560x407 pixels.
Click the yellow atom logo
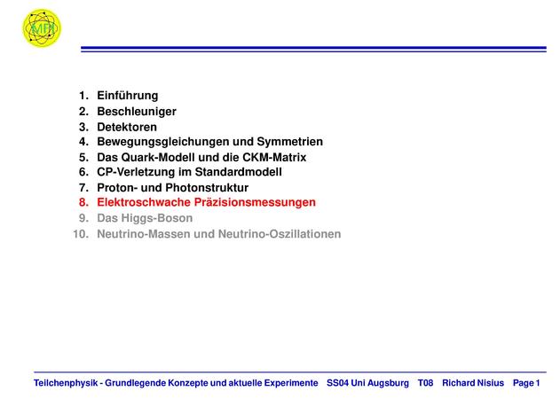(42, 27)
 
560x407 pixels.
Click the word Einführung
(128, 96)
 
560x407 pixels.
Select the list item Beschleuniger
(137, 112)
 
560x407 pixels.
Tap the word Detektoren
(127, 127)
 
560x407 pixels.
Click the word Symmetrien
(289, 142)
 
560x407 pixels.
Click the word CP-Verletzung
(136, 172)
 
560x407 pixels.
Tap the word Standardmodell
(238, 172)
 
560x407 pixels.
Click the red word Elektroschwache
(144, 202)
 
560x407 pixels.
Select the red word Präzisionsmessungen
(255, 202)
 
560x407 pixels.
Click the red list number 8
(83, 202)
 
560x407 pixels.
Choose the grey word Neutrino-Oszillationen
(280, 234)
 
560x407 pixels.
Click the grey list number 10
(81, 234)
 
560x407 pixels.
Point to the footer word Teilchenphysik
(66, 383)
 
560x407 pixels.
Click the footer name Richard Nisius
(473, 383)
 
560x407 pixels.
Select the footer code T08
(425, 383)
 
